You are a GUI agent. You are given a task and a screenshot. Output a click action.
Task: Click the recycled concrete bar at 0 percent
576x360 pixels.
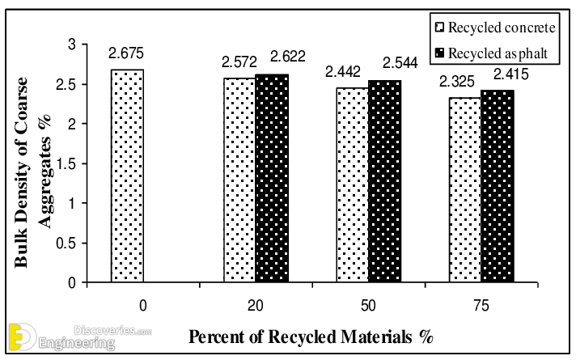(128, 176)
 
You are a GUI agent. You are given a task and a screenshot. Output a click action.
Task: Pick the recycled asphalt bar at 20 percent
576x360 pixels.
(271, 179)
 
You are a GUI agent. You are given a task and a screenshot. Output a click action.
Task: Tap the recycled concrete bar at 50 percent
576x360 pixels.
(351, 185)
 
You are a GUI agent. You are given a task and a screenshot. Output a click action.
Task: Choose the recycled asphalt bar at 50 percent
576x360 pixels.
(383, 181)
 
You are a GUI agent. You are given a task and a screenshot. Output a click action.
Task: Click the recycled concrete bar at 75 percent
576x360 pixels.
(464, 190)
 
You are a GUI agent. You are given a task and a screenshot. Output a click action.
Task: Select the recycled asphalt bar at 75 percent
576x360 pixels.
(496, 186)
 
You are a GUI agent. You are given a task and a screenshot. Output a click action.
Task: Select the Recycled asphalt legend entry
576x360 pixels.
(493, 54)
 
